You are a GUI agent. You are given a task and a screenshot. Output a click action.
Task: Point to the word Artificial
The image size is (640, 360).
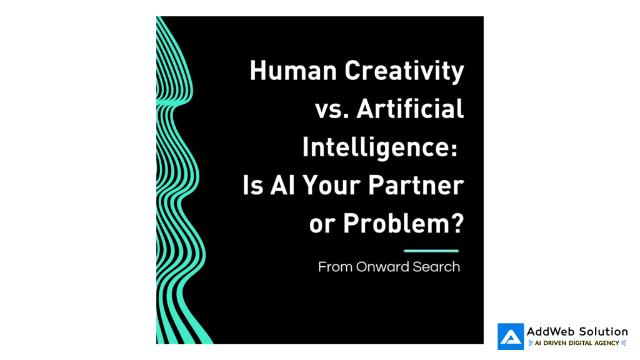point(410,109)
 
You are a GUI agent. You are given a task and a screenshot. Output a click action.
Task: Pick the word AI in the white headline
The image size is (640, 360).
point(282,185)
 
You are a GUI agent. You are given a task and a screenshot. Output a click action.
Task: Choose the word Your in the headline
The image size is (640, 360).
point(331,185)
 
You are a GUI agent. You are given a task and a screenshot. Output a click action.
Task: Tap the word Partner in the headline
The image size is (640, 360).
point(416,185)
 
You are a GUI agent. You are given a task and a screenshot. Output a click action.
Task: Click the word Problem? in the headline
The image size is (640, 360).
point(403,224)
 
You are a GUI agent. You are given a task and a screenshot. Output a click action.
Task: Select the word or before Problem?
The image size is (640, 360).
point(322,226)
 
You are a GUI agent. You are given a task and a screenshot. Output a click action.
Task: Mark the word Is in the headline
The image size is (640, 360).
point(252,185)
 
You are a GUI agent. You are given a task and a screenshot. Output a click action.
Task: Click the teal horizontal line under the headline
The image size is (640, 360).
point(431,251)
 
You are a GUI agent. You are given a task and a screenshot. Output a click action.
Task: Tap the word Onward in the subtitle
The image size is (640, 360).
point(382,267)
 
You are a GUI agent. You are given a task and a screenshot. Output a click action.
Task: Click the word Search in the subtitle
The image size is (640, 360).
point(436,267)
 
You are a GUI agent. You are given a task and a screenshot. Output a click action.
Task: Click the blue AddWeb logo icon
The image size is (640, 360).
point(511,337)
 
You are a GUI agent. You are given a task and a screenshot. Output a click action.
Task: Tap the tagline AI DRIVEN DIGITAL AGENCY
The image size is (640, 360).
point(577,343)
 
